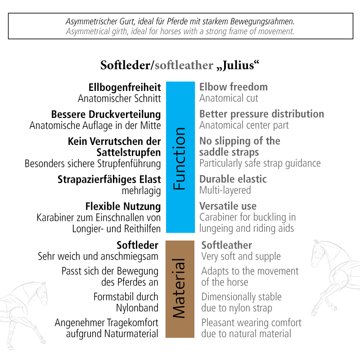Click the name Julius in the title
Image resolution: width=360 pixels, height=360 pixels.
click(238, 65)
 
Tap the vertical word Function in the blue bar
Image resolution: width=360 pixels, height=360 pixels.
click(180, 158)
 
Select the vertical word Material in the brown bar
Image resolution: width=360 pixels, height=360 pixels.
click(179, 288)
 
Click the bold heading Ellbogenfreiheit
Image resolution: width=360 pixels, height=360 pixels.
click(125, 88)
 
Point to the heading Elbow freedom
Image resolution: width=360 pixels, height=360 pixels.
click(234, 87)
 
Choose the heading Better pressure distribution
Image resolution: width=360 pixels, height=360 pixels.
click(262, 114)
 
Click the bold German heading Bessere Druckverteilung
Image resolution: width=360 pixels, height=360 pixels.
click(106, 115)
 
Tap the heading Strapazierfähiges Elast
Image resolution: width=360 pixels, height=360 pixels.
click(109, 180)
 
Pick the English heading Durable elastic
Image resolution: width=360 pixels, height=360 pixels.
click(233, 179)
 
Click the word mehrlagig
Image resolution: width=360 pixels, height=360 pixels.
click(141, 191)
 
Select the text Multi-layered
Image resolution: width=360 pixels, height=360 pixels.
click(225, 190)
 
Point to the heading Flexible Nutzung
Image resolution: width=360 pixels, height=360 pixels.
click(123, 207)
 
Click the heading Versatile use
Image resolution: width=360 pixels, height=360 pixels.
click(228, 206)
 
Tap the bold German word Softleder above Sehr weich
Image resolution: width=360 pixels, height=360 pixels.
click(138, 245)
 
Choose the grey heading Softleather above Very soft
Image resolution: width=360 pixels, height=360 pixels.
click(227, 245)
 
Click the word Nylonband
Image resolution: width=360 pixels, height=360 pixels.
click(137, 308)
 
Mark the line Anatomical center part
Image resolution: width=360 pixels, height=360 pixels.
click(244, 126)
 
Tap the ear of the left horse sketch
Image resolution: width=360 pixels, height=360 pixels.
click(43, 285)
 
